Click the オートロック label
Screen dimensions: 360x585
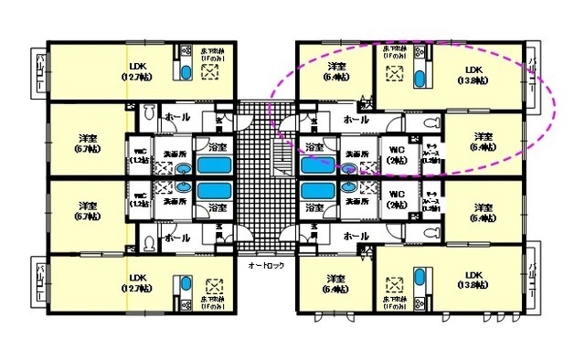[x=266, y=264]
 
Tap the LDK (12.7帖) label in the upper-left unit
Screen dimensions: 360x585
[x=138, y=70]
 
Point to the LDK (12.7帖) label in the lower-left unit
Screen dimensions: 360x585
[x=138, y=281]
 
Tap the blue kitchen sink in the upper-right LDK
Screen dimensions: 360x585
[x=420, y=77]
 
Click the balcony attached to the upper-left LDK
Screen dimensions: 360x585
[x=42, y=72]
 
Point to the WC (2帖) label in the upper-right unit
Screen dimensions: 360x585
[x=397, y=154]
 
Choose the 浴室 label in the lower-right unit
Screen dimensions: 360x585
[x=314, y=208]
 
